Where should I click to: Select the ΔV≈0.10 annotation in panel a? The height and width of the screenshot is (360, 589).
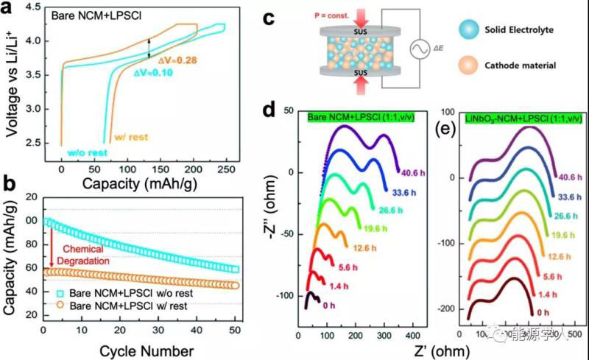coord(153,73)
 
